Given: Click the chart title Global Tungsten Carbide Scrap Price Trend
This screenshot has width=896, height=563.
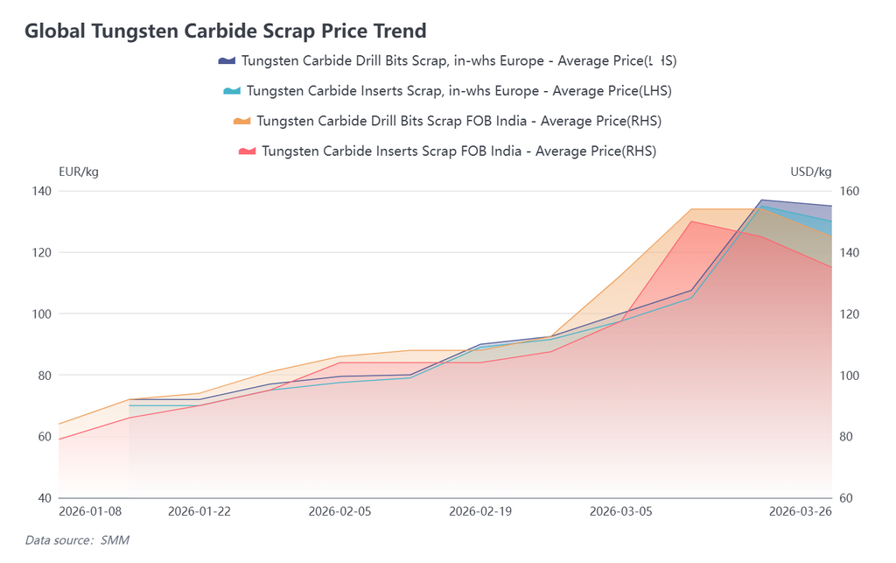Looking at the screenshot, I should [x=226, y=32].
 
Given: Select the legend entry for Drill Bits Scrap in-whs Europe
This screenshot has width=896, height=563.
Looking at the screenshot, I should [x=447, y=60].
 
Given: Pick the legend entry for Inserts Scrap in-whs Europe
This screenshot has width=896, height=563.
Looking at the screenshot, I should [x=447, y=90].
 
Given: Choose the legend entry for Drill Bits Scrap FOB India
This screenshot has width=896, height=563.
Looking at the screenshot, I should [x=447, y=120].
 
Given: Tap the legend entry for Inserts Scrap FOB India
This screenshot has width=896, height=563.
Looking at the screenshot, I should [x=447, y=151].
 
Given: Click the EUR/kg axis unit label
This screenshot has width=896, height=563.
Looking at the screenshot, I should [x=79, y=172].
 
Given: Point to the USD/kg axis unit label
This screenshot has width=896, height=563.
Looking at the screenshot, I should [x=811, y=172].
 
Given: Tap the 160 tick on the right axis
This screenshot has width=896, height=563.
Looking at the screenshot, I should [x=850, y=191].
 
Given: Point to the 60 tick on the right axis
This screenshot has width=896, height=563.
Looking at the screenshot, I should [x=848, y=498].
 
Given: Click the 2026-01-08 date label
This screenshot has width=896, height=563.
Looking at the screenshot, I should [x=90, y=511].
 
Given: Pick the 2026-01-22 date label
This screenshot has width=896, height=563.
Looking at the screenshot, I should [x=199, y=511].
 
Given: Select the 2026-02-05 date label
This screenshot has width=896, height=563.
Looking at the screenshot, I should [x=340, y=511].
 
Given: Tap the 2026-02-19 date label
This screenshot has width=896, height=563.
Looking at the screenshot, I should [x=480, y=511].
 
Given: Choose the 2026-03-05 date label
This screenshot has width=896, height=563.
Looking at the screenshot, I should [x=620, y=511].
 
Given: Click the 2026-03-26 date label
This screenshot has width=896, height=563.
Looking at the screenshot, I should [x=801, y=511].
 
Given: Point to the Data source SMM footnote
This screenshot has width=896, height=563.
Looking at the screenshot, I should [x=77, y=540].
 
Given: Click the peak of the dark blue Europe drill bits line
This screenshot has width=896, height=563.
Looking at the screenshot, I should [x=761, y=201].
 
